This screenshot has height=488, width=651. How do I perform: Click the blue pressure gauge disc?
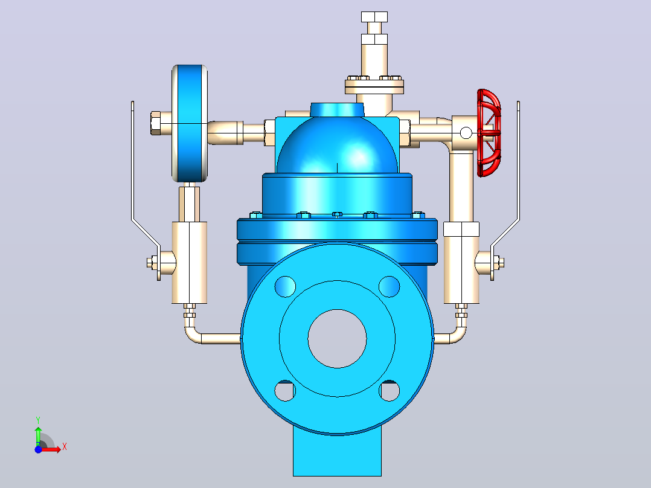coord(190,123)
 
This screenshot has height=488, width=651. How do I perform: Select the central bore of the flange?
coord(337,338)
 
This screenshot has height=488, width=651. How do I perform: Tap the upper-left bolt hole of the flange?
coord(285,286)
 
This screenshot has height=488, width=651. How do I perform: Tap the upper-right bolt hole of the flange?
coord(390,286)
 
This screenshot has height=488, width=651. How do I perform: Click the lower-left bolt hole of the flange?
coord(285,391)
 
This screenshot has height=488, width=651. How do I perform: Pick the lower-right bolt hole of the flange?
coord(390,391)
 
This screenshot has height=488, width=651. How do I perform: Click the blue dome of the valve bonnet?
coord(337,146)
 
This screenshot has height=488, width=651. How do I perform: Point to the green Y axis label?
coord(38,420)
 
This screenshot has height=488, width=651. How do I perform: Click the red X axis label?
coord(65,448)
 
